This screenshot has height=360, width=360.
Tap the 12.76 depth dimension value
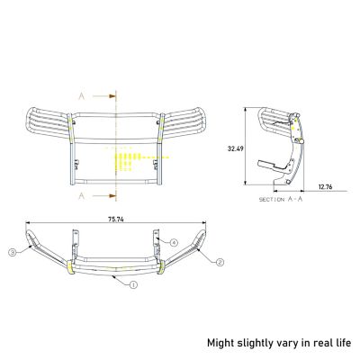point(325,186)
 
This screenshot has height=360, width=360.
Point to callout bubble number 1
point(133,285)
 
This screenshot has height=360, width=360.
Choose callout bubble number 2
point(218,262)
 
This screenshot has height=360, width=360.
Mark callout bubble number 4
point(175,241)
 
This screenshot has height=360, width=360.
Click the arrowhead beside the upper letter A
point(106,93)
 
